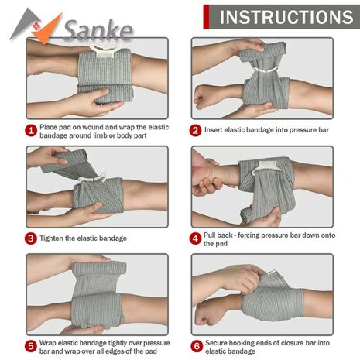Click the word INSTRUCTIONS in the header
point(286,16)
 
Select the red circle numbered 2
point(196,130)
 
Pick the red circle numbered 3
point(31,238)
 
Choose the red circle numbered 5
point(31,345)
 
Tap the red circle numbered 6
point(196,345)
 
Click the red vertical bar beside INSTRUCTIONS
point(206,15)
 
